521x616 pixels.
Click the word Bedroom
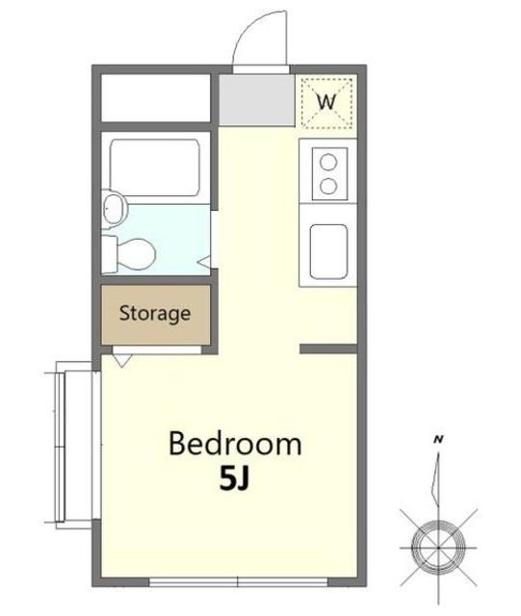click(235, 444)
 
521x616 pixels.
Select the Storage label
click(155, 314)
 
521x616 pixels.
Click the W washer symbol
click(326, 102)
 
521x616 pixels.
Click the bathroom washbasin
click(115, 209)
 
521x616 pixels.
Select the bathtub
click(154, 167)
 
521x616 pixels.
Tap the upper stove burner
click(328, 162)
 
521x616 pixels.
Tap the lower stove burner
click(328, 186)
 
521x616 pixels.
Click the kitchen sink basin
click(328, 252)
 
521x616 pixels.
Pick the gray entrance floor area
click(257, 100)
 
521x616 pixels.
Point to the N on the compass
click(438, 440)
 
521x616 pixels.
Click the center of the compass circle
click(438, 547)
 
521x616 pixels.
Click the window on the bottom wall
click(238, 581)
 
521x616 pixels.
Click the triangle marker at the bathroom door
click(205, 261)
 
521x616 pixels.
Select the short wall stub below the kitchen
click(328, 348)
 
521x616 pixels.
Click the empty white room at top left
click(156, 98)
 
